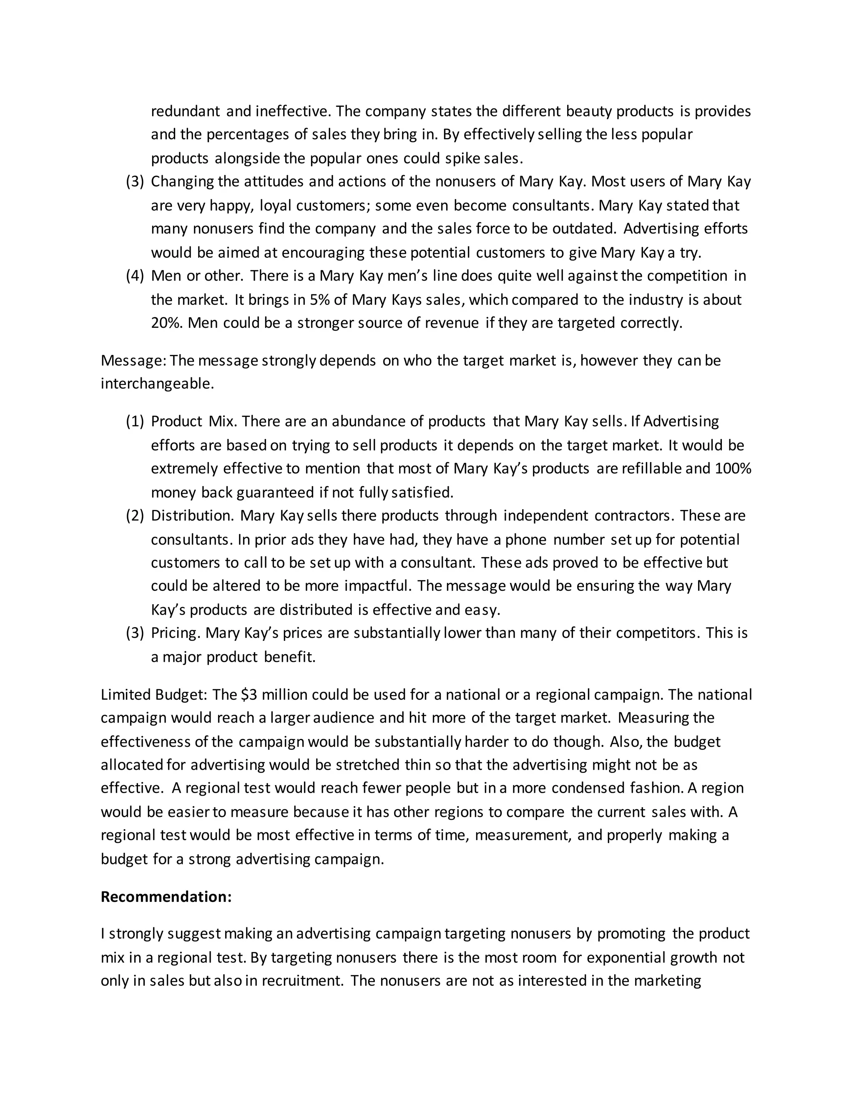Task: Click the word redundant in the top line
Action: [185, 111]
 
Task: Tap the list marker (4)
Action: [135, 276]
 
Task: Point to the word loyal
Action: [275, 206]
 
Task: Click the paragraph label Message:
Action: [133, 360]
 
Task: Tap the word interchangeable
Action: [157, 384]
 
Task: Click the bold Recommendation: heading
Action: [166, 897]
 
